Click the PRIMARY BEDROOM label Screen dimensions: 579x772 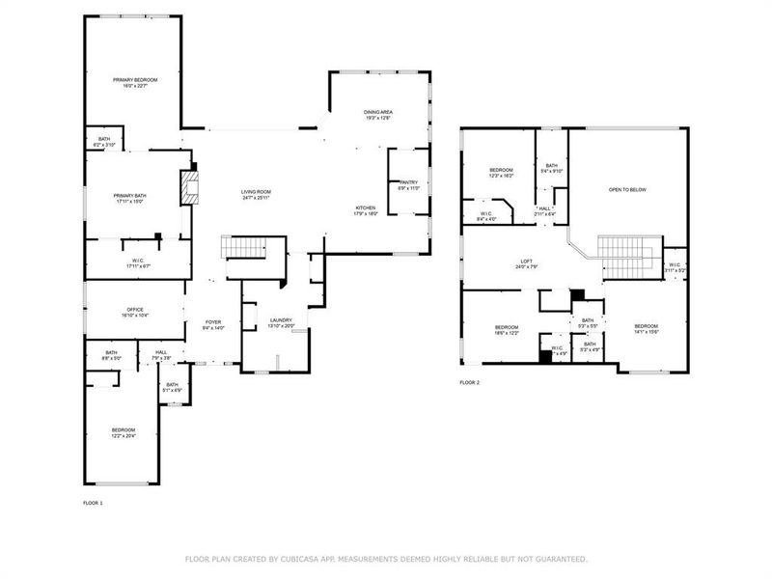(x=134, y=79)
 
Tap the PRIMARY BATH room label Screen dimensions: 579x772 (x=134, y=196)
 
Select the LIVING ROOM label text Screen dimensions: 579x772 (x=256, y=192)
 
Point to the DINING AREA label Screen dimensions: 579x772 (x=377, y=113)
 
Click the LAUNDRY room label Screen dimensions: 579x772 (x=281, y=320)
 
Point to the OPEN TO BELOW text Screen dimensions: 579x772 (x=626, y=189)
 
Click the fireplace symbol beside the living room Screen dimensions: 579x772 (x=189, y=186)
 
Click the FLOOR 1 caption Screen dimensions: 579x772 (x=93, y=503)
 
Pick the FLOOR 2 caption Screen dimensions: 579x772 (x=469, y=383)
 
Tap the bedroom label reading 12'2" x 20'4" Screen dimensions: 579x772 (x=123, y=430)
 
